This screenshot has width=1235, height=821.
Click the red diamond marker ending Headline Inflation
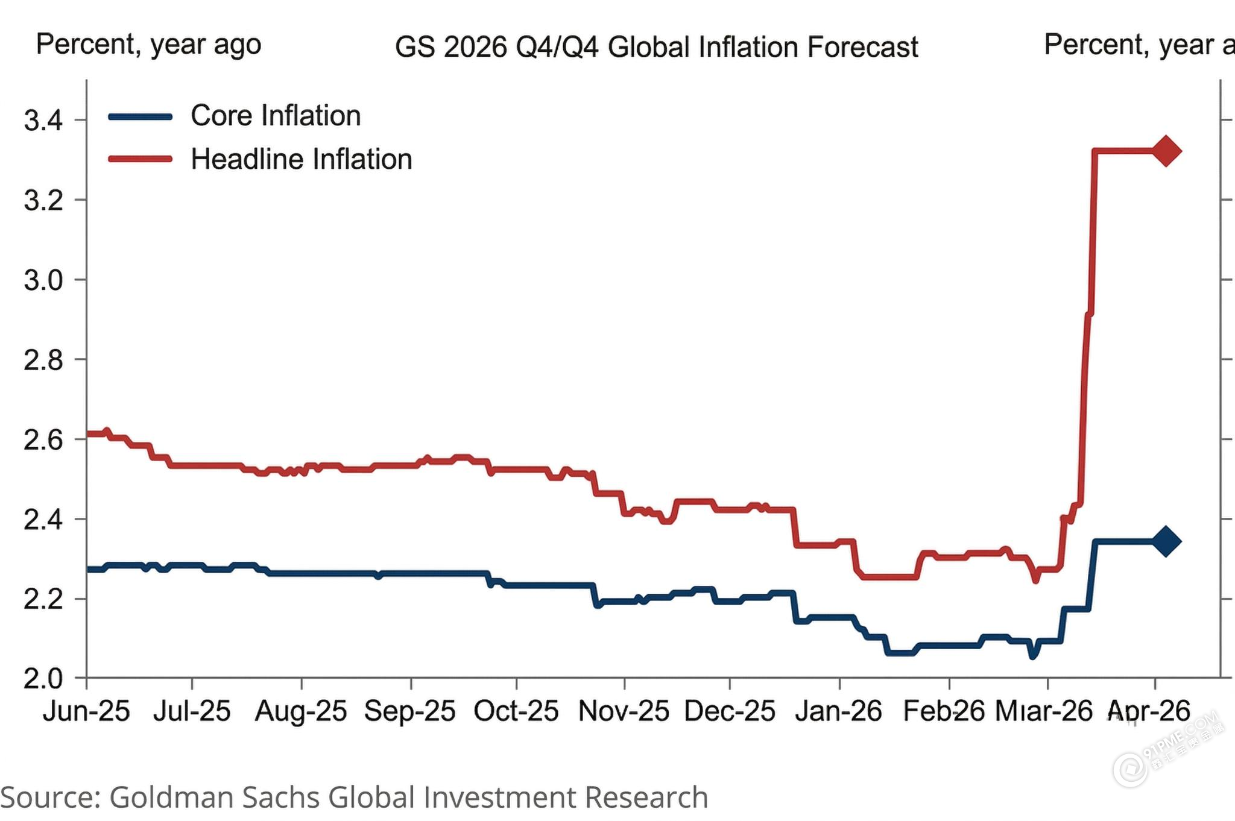coord(1166,151)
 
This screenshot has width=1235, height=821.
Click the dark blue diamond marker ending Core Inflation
coord(1166,541)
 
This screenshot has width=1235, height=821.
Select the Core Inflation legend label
coord(276,116)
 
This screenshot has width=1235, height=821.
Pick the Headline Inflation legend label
coord(301,160)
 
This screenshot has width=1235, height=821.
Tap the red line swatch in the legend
coord(141,160)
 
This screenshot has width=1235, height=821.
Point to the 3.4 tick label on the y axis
coord(43,121)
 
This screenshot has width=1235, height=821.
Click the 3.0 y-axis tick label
coord(43,280)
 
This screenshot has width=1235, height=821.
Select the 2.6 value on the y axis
coord(43,440)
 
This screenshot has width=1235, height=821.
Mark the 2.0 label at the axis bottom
coord(43,679)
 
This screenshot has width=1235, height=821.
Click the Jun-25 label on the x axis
coord(86,711)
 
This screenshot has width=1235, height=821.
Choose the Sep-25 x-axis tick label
coord(410,711)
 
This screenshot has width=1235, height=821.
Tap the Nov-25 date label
coord(624,711)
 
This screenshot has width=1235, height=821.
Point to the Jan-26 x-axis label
coord(839,711)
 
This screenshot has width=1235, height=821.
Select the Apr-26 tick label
coord(1150,711)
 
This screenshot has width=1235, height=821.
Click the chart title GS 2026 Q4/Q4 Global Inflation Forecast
coord(656,47)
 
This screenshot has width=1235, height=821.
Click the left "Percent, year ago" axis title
coord(148,45)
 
